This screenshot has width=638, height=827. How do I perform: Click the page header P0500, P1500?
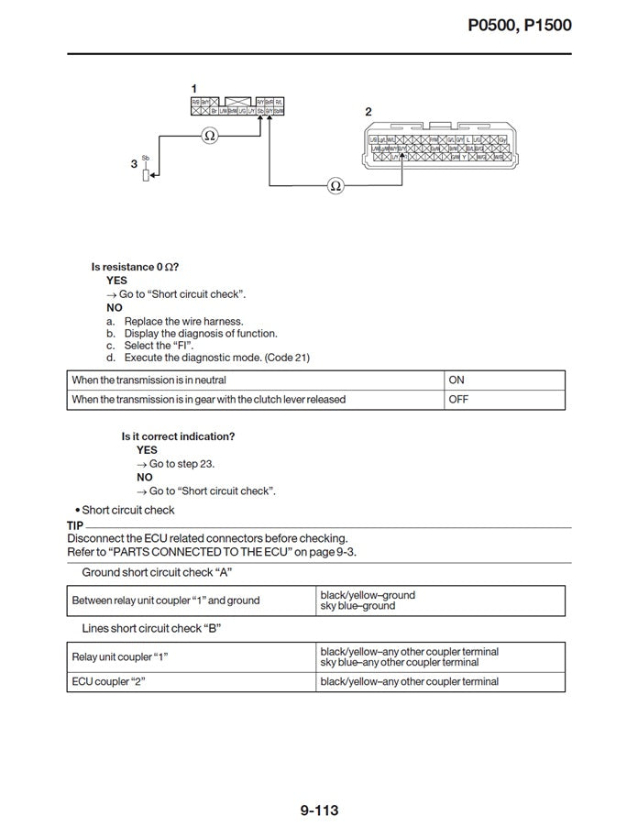coord(519,25)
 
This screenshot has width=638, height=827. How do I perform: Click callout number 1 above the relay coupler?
coord(193,88)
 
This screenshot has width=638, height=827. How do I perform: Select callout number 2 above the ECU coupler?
coord(368,112)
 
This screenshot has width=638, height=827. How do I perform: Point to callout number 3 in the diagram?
coord(134,164)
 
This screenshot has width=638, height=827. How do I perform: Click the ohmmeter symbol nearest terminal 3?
coord(210,136)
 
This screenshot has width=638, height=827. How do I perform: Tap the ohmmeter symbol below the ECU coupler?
coord(335,186)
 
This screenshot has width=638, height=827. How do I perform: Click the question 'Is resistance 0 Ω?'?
coord(134,267)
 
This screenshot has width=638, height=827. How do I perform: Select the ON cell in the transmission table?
coord(456,380)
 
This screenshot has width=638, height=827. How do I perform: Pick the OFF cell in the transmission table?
coord(458,400)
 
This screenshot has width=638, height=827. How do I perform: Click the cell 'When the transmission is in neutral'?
coord(149,380)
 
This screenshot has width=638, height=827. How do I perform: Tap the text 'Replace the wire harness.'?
coord(183,321)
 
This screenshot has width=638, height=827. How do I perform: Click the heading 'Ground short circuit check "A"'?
coord(157,572)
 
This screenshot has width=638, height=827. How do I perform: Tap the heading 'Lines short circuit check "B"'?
coord(151,628)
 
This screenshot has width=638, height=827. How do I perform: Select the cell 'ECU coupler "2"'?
coord(110,682)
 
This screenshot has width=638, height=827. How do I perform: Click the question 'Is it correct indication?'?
coord(178,436)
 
